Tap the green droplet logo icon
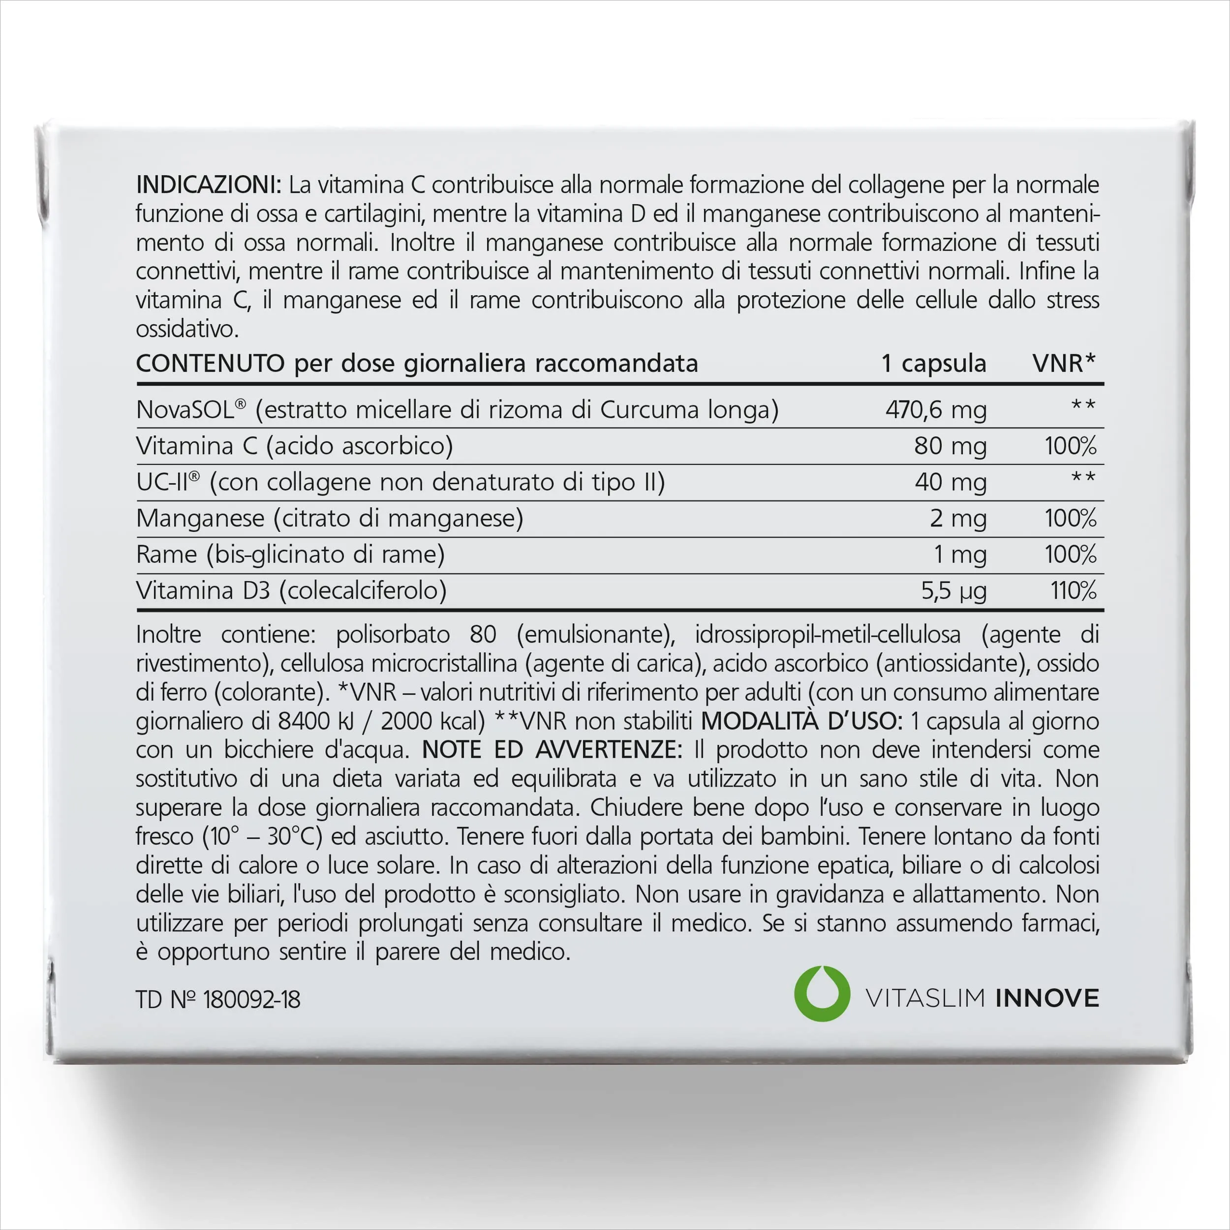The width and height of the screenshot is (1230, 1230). point(822,994)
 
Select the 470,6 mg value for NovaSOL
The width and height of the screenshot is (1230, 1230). point(935,409)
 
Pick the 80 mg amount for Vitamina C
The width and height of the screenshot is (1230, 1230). point(950,446)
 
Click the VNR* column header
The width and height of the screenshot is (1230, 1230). point(1063,364)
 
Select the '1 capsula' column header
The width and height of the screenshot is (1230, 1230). point(933,364)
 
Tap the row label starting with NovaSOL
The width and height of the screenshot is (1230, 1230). point(457,409)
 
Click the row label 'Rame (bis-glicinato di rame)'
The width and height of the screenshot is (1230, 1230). point(290,554)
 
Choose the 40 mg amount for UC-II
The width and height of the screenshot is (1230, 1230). point(950,482)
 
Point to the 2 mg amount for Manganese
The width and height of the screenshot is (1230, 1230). point(957,518)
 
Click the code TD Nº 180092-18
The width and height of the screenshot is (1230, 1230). point(218,1000)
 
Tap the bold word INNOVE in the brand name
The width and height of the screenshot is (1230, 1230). point(1046,998)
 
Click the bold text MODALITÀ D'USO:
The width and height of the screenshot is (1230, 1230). point(801,721)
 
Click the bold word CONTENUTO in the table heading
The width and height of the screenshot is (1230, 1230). point(210,364)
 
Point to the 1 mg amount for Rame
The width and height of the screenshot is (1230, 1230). point(959,554)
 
